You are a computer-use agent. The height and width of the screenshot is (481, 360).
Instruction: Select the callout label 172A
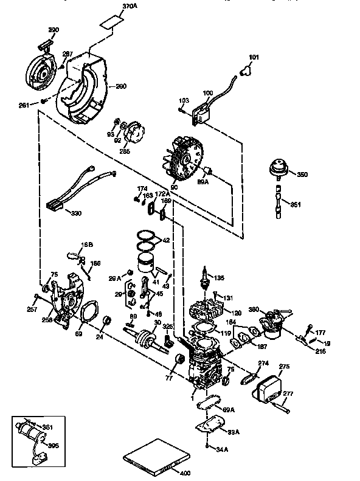(160, 194)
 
